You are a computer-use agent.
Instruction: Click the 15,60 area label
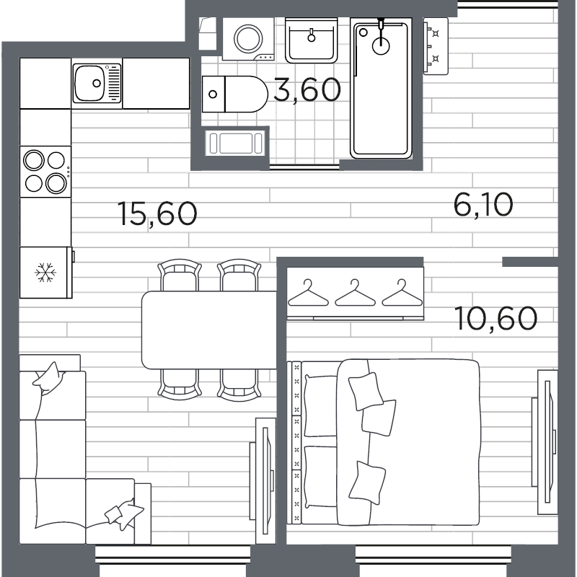click(157, 213)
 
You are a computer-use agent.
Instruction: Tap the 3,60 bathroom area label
click(308, 90)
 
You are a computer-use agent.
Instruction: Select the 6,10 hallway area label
click(483, 206)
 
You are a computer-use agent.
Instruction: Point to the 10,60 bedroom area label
click(495, 318)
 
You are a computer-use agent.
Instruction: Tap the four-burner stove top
click(45, 172)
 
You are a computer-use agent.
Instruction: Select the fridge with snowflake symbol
click(45, 273)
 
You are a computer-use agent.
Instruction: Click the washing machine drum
click(248, 39)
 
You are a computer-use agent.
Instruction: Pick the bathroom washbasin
click(312, 40)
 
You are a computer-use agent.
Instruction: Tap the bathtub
click(381, 88)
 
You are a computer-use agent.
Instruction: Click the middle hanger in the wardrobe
click(355, 293)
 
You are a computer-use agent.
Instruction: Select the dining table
click(209, 330)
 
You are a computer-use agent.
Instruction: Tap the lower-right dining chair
click(239, 385)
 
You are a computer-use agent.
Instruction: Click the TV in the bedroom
click(545, 442)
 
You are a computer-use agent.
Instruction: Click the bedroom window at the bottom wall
click(433, 555)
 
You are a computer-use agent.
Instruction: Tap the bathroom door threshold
click(304, 167)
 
